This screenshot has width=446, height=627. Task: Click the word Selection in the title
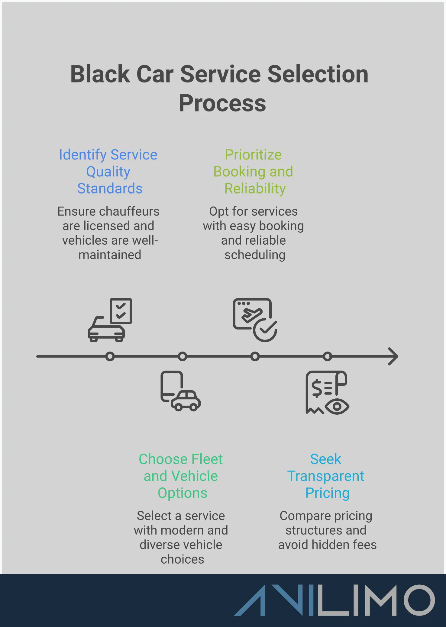(318, 74)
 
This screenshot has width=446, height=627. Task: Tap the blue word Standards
(110, 188)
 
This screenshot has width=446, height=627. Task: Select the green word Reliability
(255, 188)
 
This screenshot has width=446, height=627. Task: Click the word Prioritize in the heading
(253, 155)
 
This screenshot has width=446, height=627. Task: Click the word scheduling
(255, 255)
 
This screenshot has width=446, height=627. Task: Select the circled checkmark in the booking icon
(265, 330)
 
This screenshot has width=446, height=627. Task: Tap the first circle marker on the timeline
(110, 356)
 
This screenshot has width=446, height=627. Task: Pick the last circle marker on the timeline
(327, 356)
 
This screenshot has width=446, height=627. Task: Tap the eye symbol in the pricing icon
(337, 407)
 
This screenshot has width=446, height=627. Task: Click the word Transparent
(325, 476)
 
